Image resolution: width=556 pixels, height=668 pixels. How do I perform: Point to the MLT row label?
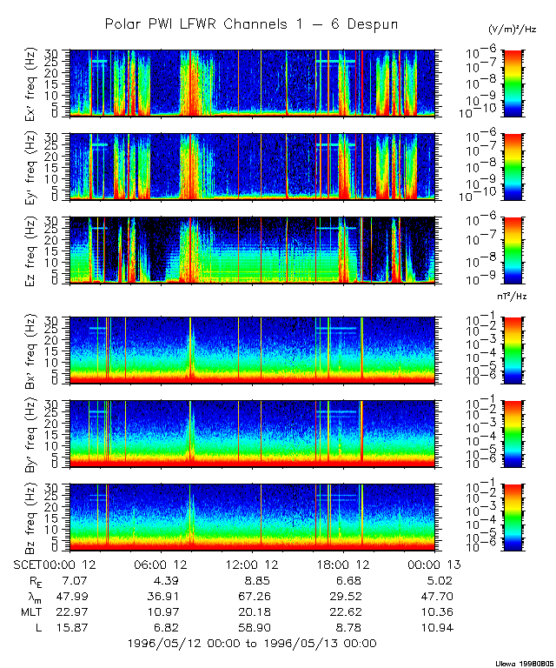click(x=30, y=611)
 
